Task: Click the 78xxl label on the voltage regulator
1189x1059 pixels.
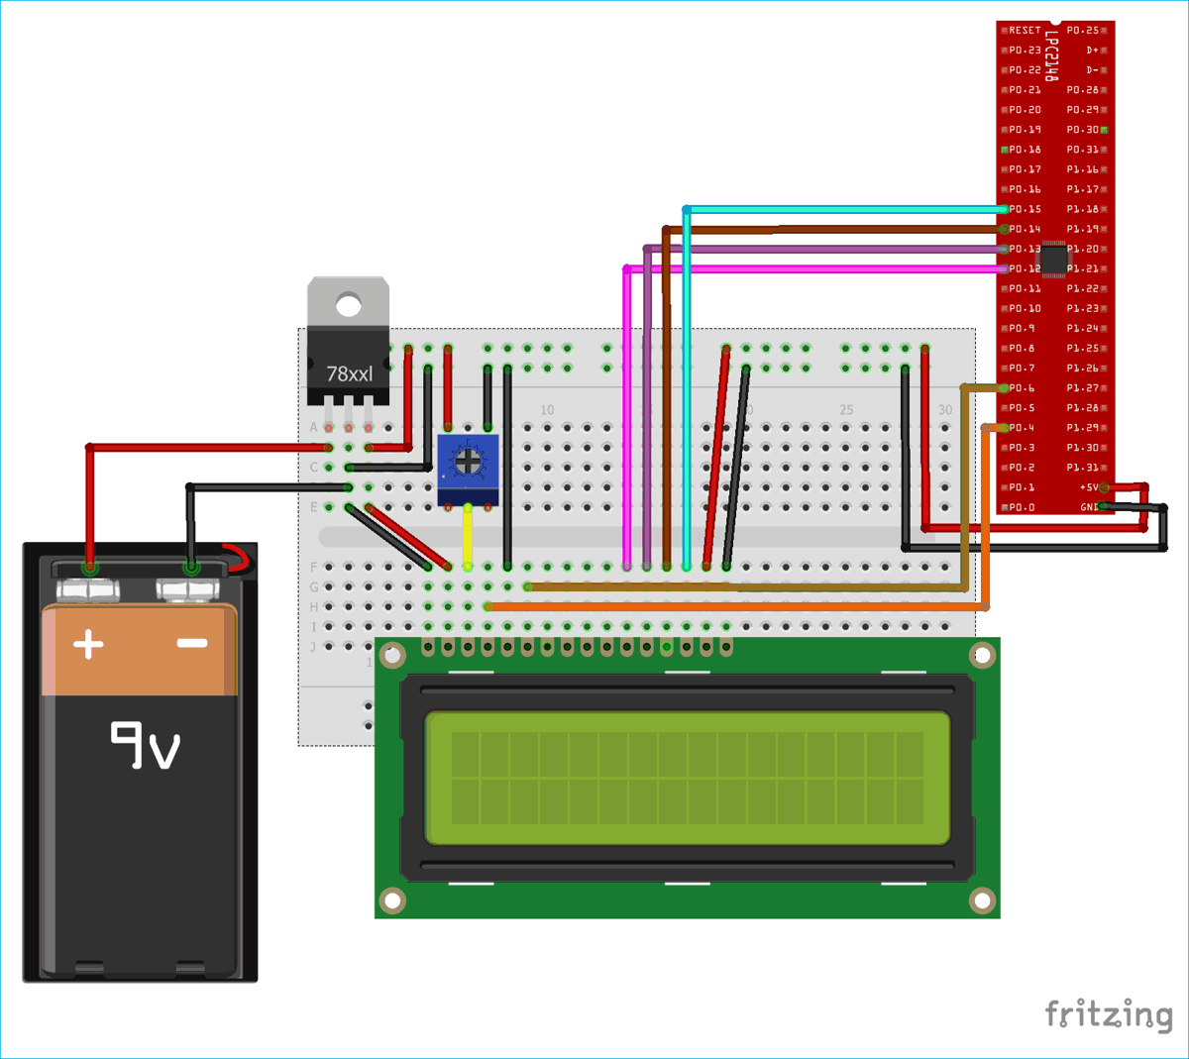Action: (349, 373)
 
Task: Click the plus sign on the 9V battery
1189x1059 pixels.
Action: (88, 644)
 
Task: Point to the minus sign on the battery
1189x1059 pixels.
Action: (191, 643)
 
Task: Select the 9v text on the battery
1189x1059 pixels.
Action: (145, 745)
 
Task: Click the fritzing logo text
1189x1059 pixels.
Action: (1109, 1014)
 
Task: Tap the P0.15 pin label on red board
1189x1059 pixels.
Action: (1025, 209)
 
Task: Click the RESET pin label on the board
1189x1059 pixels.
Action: (1025, 31)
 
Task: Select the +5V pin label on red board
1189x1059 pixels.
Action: (1088, 487)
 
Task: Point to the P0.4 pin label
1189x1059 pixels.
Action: (1022, 428)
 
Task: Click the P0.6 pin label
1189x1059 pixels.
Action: (1022, 388)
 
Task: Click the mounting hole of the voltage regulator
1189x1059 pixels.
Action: (348, 303)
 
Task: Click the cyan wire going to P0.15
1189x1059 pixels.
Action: (842, 209)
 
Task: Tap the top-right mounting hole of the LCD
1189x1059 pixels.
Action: (981, 654)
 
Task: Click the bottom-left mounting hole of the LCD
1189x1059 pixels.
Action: (392, 900)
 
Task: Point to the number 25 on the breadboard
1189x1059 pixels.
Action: (845, 409)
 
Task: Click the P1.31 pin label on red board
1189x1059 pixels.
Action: (1082, 468)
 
